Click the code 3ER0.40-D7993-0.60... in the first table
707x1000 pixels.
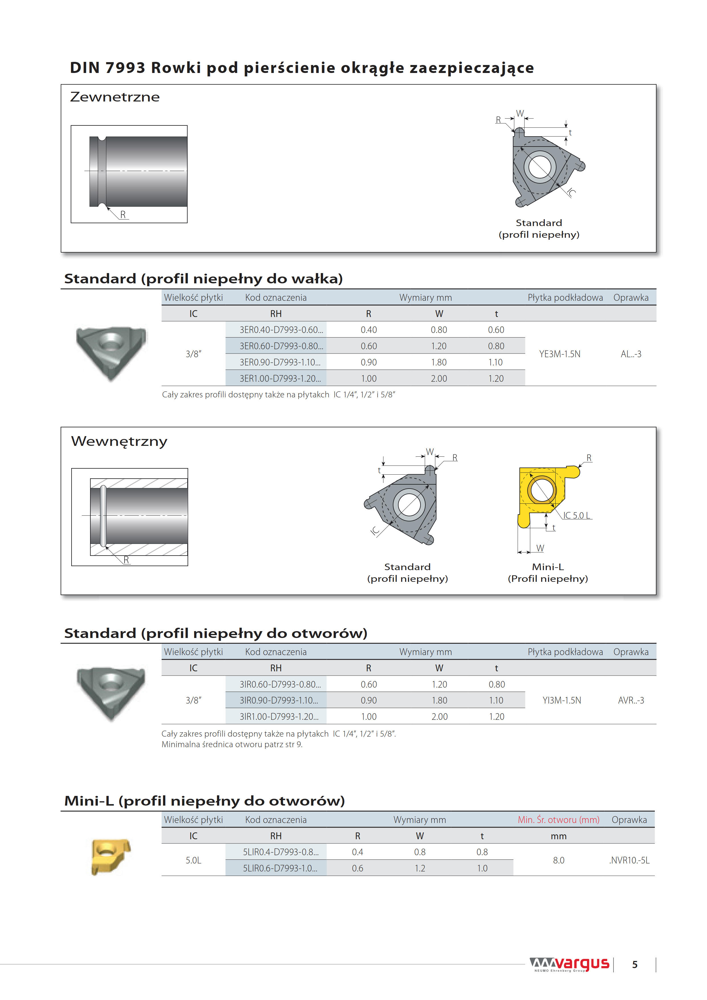click(281, 330)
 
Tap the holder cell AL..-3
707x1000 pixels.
click(630, 354)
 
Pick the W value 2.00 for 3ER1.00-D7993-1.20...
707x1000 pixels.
click(439, 379)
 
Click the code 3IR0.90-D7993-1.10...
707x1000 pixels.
click(279, 700)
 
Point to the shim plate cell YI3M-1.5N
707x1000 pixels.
click(562, 700)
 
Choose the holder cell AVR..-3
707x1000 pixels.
click(630, 700)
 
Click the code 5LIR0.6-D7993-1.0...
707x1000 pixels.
click(280, 868)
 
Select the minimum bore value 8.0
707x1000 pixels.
click(558, 860)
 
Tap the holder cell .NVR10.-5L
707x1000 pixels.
click(629, 860)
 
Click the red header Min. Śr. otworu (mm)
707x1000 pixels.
click(558, 820)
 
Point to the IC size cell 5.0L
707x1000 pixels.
click(193, 860)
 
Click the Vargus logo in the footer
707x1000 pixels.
click(569, 964)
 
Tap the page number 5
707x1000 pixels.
click(635, 965)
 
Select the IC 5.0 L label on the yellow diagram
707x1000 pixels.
click(576, 515)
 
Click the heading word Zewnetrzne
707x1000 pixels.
click(115, 97)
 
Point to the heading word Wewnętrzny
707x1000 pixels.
click(119, 441)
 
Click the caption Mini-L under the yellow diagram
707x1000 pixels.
click(548, 567)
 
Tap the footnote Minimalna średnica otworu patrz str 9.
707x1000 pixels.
click(232, 744)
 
